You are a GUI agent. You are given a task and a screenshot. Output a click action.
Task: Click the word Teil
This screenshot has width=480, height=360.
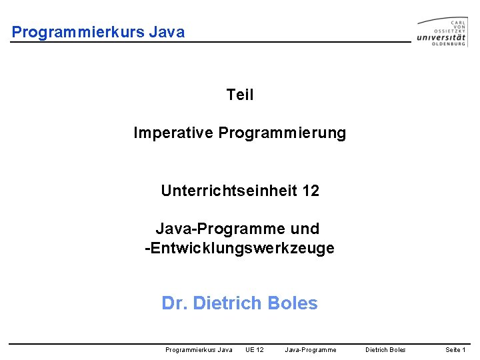pyautogui.click(x=240, y=95)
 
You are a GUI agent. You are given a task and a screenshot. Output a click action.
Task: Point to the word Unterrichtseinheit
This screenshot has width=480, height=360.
pyautogui.click(x=229, y=191)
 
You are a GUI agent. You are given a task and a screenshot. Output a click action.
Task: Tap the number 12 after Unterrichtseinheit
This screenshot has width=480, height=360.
pyautogui.click(x=311, y=191)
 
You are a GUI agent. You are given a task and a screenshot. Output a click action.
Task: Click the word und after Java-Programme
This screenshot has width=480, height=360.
pyautogui.click(x=305, y=229)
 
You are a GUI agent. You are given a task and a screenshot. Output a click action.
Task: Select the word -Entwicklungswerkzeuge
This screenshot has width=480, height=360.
pyautogui.click(x=240, y=249)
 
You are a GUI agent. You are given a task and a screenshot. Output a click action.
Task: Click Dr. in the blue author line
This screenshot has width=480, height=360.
pyautogui.click(x=175, y=303)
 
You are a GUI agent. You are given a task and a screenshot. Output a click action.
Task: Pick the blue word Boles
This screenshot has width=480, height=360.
pyautogui.click(x=292, y=303)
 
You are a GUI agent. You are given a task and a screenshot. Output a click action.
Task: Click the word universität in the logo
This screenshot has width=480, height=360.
pyautogui.click(x=441, y=38)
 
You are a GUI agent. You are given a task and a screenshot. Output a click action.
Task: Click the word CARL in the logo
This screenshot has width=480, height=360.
pyautogui.click(x=459, y=19)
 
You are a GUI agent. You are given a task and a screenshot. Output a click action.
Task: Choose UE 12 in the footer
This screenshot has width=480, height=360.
pyautogui.click(x=255, y=349)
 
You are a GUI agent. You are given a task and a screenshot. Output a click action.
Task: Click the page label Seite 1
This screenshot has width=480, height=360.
pyautogui.click(x=455, y=349)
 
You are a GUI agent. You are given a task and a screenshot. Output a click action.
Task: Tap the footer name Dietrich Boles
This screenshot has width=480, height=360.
pyautogui.click(x=385, y=349)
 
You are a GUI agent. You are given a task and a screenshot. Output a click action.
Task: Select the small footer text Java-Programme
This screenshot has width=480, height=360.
pyautogui.click(x=311, y=349)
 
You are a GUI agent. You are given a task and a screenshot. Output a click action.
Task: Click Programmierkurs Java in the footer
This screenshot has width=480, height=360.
pyautogui.click(x=199, y=349)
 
